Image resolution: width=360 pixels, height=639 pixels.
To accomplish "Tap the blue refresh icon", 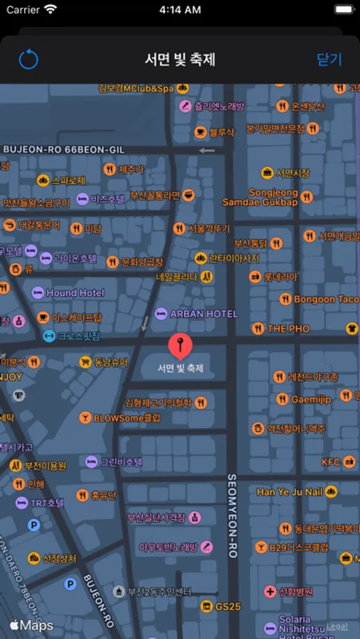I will point(28,60).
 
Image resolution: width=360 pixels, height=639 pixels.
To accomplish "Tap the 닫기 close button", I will point(329,60).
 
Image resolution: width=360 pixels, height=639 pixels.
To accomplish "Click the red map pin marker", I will point(180,346).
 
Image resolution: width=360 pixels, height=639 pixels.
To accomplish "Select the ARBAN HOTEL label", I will point(204,314).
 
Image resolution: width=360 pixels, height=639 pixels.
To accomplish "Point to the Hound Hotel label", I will point(75,293).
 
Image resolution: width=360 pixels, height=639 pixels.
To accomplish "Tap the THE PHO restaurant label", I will point(288,329).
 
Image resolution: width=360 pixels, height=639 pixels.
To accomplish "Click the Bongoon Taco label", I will point(326,299).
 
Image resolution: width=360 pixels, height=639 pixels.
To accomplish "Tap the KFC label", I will point(331,462).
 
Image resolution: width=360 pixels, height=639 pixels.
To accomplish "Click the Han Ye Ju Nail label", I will point(290,492).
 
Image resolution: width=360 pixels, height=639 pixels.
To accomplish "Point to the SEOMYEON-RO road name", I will point(231,515).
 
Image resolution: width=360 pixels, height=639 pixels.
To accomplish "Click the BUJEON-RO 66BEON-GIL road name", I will point(64,150).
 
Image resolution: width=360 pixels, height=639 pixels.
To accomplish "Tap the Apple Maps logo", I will point(31,626).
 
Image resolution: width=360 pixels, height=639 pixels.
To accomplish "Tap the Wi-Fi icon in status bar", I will point(50,10).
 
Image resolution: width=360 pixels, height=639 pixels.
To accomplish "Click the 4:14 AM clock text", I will point(180,10).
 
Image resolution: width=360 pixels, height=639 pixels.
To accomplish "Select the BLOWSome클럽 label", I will point(127,418).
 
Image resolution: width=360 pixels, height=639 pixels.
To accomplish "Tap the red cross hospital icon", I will point(270,591).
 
